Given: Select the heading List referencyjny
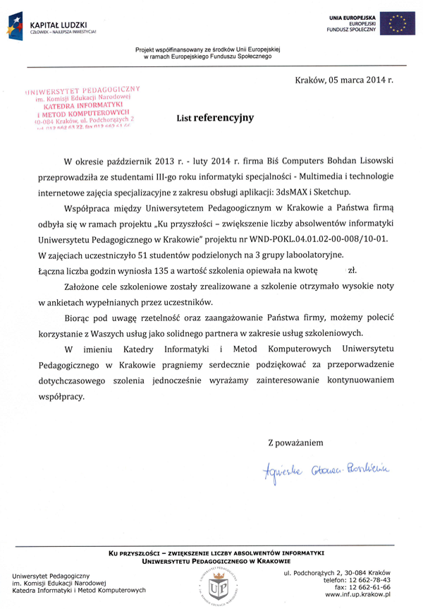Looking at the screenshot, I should point(215,119).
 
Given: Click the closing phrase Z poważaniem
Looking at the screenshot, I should point(295,442).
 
